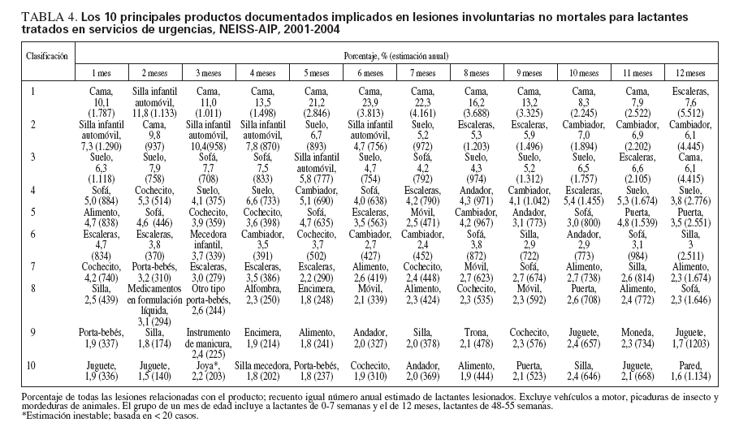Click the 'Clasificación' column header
(x=49, y=58)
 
